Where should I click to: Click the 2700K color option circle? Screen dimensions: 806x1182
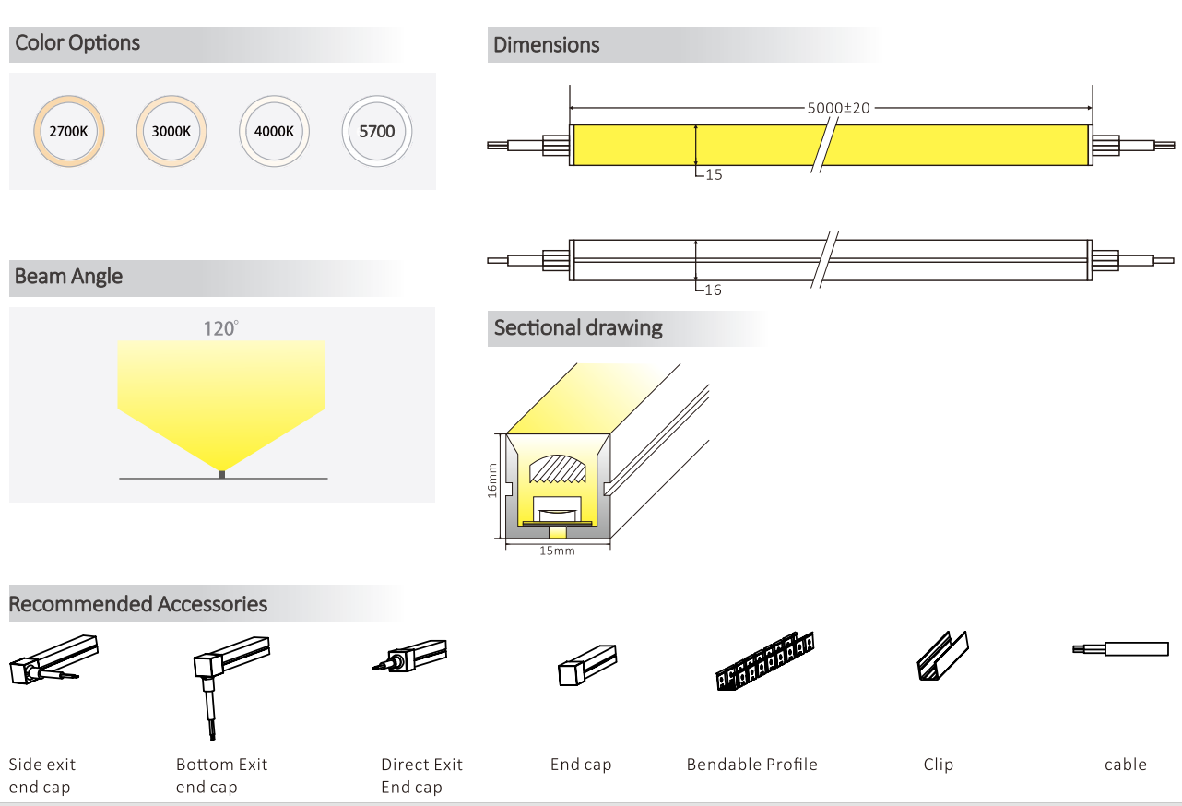tap(68, 131)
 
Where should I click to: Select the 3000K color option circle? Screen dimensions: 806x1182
tap(171, 131)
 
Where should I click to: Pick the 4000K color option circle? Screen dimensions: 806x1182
tap(274, 131)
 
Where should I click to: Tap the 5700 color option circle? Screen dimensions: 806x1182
tap(376, 131)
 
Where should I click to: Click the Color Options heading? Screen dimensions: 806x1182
tap(77, 43)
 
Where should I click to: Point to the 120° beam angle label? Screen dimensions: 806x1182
tap(221, 328)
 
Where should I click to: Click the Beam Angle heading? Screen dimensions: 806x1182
tap(68, 277)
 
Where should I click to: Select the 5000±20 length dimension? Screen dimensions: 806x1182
tap(837, 108)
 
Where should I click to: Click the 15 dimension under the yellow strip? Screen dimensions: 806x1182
tap(713, 174)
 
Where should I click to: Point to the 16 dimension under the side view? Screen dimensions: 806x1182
tap(713, 290)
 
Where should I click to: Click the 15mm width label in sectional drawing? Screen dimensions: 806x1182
tap(557, 551)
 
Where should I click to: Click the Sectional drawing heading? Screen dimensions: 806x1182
tap(578, 328)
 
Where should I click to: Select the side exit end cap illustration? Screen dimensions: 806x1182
tap(53, 662)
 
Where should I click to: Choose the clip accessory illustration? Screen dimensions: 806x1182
tap(942, 656)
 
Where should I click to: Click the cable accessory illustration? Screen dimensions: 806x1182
tap(1125, 649)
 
